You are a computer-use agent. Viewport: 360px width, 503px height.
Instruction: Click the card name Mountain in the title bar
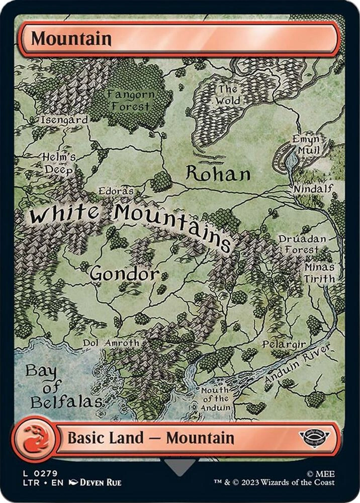point(71,39)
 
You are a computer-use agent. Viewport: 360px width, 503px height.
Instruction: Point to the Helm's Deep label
point(59,163)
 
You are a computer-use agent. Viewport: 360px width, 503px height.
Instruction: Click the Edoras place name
point(116,192)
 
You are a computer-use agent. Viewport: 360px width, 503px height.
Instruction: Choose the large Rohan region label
point(218,174)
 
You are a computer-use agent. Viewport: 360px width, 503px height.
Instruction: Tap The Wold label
point(228,96)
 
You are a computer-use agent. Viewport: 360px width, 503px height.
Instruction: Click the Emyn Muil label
point(306,144)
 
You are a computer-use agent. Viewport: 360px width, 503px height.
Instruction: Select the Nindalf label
point(314,189)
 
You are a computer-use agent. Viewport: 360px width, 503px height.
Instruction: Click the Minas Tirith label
point(319,272)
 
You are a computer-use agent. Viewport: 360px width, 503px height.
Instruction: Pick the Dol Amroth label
point(111,343)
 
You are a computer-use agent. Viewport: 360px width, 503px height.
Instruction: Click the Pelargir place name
point(284,345)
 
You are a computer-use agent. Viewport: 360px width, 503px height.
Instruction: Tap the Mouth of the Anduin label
point(215,399)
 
